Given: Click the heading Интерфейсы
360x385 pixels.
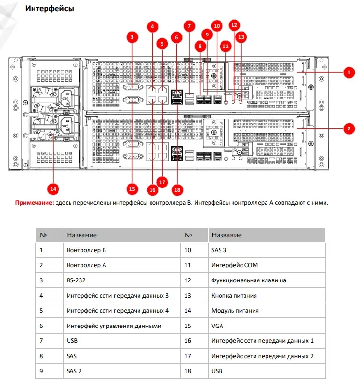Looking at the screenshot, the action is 49,8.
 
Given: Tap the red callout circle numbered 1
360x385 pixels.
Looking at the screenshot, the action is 349,72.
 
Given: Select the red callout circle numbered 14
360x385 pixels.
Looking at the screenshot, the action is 53,189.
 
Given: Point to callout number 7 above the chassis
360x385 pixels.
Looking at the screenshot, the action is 189,26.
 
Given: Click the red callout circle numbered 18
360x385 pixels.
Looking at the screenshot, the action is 177,190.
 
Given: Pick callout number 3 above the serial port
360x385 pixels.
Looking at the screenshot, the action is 132,37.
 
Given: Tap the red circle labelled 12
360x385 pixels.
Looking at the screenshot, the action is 234,25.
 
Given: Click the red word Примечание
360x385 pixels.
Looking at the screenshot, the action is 35,203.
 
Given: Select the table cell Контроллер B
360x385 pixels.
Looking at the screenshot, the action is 86,250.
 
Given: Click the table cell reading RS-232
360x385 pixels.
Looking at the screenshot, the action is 76,280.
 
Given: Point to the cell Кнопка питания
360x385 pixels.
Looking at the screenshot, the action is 234,296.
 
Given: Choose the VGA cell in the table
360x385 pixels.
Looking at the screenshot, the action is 217,326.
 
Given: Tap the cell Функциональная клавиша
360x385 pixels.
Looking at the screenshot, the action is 248,280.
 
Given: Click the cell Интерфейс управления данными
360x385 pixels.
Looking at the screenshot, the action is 114,326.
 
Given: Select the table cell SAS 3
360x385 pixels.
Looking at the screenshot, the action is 219,250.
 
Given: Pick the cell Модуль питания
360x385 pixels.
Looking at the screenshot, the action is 235,311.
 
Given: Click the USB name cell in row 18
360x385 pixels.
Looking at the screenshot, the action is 217,371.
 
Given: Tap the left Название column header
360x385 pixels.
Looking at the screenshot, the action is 81,235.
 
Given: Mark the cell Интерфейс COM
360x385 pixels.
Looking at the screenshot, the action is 234,265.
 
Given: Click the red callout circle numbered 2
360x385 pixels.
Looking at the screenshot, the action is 349,128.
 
